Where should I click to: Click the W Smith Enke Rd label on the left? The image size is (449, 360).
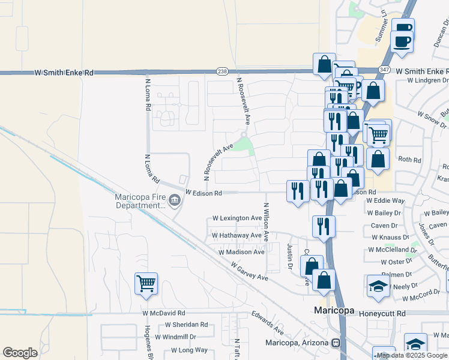(64, 73)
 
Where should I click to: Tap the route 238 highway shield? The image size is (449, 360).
(222, 71)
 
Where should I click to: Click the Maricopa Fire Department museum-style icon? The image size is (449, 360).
(175, 200)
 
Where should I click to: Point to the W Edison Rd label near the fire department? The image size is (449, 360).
(203, 193)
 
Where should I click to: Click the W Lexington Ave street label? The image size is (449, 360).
(237, 218)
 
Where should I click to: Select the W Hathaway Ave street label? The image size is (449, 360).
(237, 236)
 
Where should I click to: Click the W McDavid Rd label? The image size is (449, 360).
(164, 313)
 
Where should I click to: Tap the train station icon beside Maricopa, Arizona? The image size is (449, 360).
(336, 343)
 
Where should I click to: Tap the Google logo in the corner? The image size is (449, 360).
(20, 353)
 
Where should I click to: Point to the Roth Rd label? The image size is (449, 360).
(410, 160)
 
